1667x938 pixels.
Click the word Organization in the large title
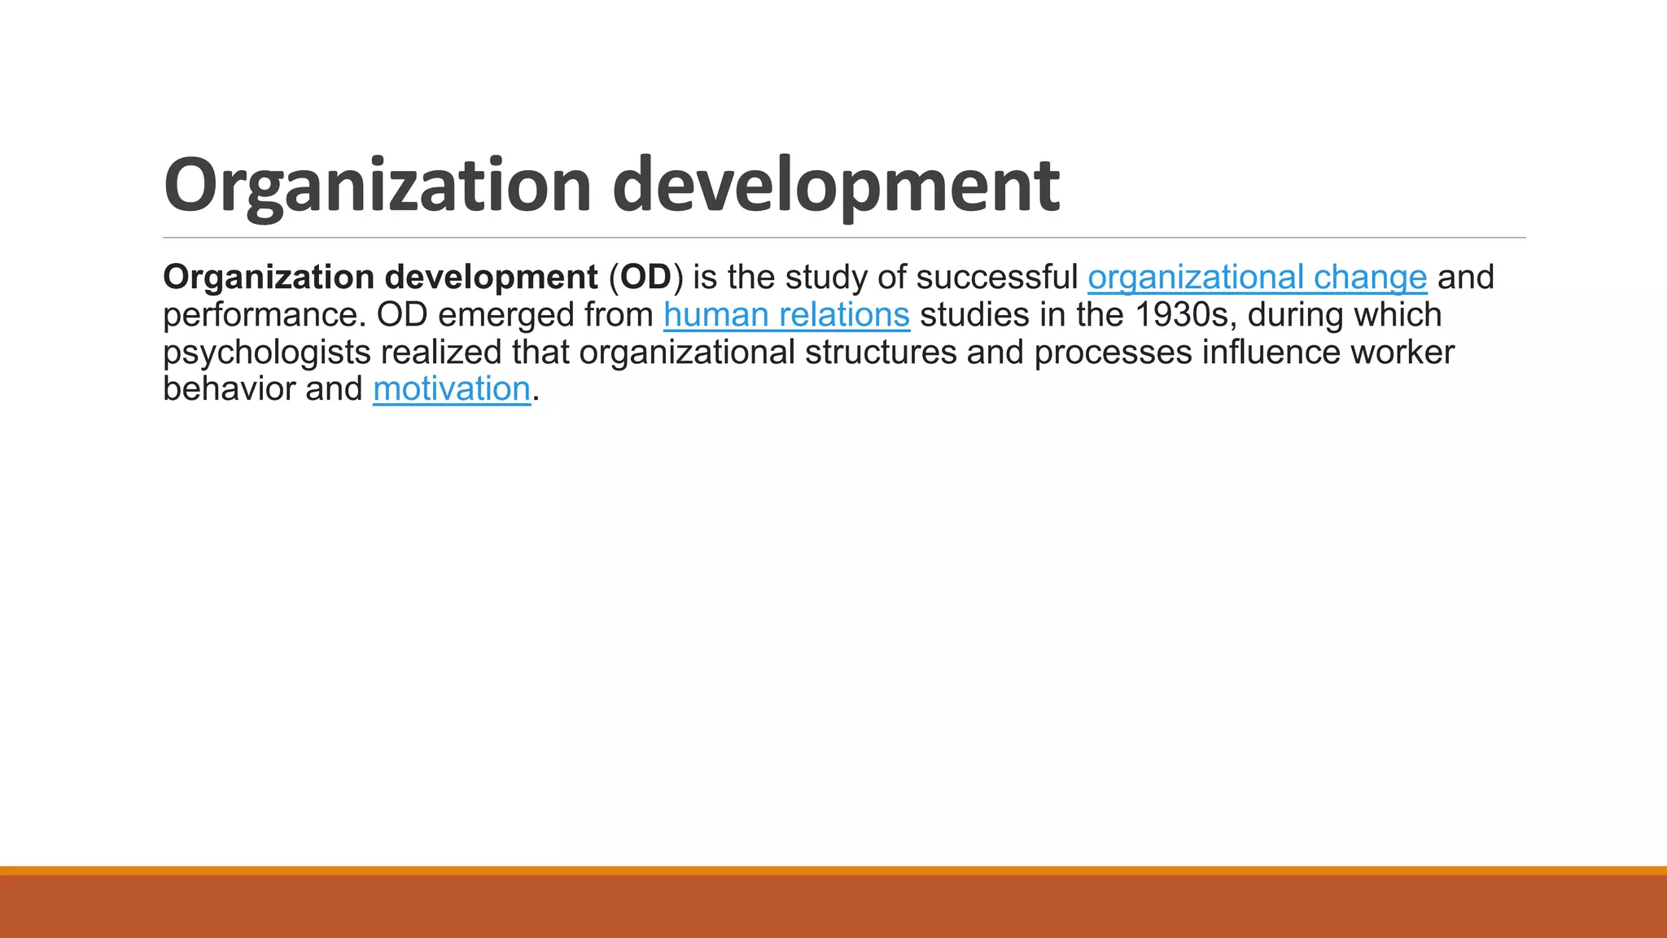(377, 186)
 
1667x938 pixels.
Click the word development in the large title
(836, 186)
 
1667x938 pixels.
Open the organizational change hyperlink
(1257, 278)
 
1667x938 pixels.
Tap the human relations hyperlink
(786, 315)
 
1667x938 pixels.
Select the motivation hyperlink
(452, 389)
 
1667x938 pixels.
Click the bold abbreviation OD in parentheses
(645, 278)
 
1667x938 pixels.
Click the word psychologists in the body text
(266, 353)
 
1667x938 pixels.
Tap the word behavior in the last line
(229, 389)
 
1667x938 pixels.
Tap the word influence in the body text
(1271, 353)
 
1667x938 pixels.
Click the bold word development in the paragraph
(491, 278)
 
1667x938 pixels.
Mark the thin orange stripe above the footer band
(833, 870)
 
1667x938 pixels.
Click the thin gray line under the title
(843, 238)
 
